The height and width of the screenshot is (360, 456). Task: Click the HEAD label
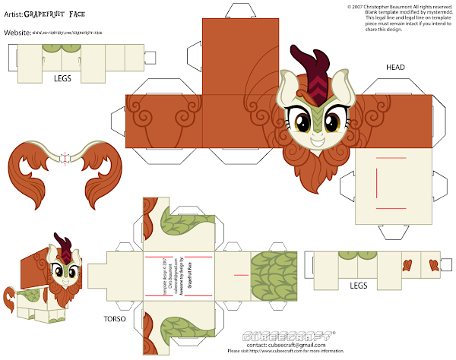tap(395, 67)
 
